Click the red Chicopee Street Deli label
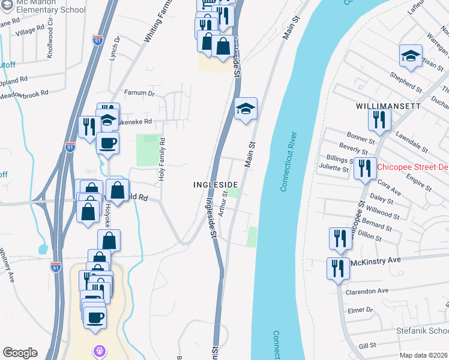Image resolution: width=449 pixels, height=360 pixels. (x=412, y=167)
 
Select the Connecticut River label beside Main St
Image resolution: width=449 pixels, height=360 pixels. (x=289, y=162)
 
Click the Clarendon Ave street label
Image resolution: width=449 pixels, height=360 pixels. (x=367, y=291)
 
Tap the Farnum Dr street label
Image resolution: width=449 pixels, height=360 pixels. (x=139, y=93)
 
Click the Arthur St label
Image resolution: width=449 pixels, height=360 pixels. (x=223, y=203)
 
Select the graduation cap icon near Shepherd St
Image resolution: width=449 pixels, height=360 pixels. (x=411, y=56)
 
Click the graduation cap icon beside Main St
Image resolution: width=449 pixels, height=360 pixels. (x=246, y=109)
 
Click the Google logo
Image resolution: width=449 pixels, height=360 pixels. (x=20, y=353)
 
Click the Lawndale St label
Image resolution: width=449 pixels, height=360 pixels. (x=412, y=142)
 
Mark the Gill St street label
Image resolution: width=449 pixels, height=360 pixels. (x=366, y=346)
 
